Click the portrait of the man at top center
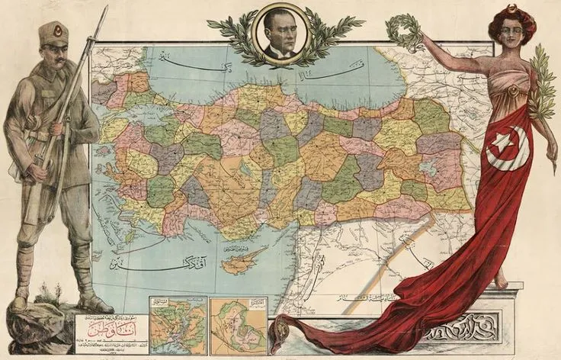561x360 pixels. click(279, 34)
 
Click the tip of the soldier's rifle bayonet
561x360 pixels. click(106, 8)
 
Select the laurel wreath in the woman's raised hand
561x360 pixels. click(402, 30)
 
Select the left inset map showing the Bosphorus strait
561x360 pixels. click(177, 325)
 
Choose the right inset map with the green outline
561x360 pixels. click(238, 325)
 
